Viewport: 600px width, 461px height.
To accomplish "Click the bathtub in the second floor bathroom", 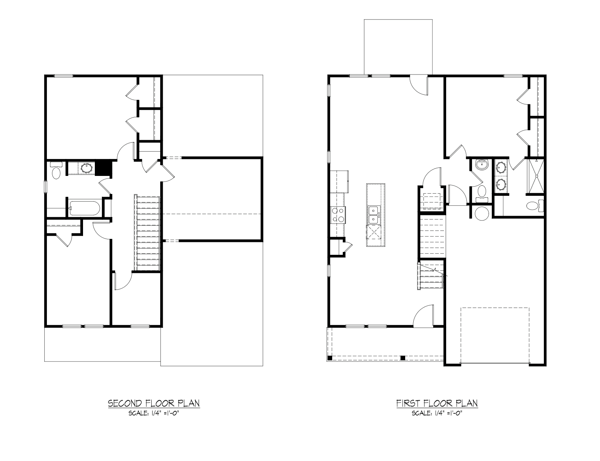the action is (85, 208).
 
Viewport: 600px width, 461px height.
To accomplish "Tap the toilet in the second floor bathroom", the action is (56, 171).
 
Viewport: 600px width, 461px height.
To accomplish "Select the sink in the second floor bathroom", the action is (87, 168).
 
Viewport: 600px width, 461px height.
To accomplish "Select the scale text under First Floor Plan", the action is (437, 413).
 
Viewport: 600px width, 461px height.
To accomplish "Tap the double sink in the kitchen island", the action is (373, 215).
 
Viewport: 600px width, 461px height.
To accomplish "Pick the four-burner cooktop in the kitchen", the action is (338, 215).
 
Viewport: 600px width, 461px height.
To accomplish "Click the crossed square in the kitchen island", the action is (373, 232).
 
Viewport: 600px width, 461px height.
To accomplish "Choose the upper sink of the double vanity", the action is (501, 167).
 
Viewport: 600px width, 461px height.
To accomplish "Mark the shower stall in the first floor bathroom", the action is (536, 176).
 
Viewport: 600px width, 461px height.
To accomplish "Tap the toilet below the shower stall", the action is (535, 205).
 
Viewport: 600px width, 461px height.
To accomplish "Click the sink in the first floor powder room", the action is (482, 165).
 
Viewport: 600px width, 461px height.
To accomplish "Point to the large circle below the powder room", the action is (482, 213).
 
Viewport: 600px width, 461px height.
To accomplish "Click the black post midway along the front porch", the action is (403, 358).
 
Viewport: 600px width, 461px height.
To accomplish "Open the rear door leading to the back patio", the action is (419, 85).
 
